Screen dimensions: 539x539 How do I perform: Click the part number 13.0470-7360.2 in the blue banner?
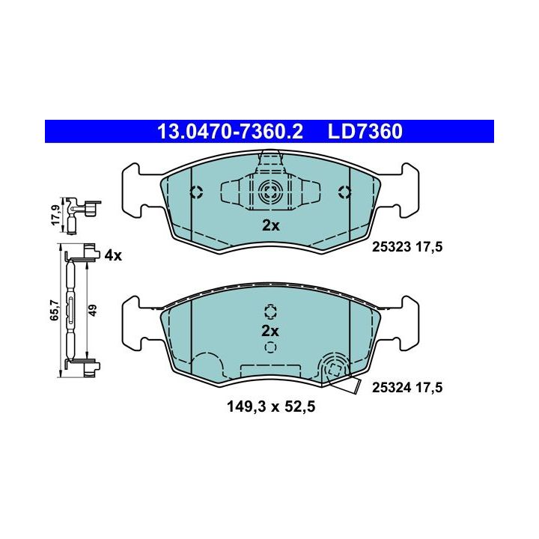[230, 132]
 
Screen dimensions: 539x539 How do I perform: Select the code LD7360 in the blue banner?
[365, 132]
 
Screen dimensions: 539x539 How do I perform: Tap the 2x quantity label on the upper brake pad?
[271, 226]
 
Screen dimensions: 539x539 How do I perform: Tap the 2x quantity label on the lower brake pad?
[270, 331]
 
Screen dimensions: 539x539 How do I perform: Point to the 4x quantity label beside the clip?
[113, 255]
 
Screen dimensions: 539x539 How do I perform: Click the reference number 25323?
[392, 247]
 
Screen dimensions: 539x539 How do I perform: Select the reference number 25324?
[392, 388]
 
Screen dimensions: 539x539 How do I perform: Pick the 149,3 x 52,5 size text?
[271, 407]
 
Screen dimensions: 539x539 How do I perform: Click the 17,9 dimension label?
[55, 215]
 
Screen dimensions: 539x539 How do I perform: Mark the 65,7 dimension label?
[55, 311]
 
